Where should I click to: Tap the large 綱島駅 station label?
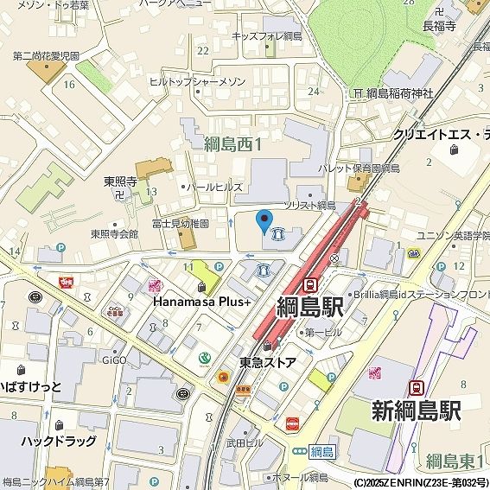310,308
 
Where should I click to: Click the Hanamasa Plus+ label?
202,302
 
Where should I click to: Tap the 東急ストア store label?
268,362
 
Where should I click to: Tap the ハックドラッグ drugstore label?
60,442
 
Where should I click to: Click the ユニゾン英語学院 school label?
453,235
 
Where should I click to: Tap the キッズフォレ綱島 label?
266,36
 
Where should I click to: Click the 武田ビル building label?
245,443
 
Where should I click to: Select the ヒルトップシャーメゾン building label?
197,81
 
